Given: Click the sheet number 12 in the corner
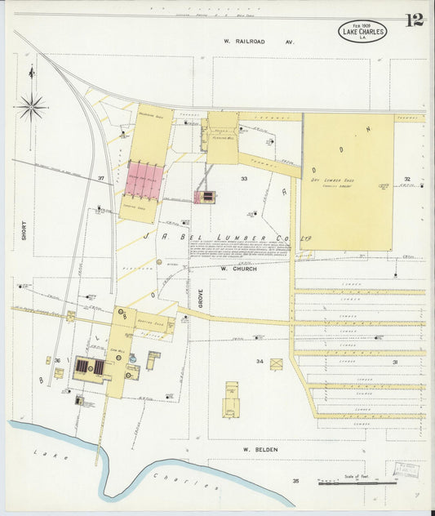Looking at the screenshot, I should (x=414, y=20).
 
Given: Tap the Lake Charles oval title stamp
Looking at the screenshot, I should (x=362, y=31).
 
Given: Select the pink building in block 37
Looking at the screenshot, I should (x=144, y=183).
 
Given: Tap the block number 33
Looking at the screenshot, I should (x=243, y=178).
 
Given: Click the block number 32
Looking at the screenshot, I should (x=406, y=178).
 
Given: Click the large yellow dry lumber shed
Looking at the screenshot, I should (x=347, y=181).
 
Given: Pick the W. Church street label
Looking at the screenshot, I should (x=238, y=268).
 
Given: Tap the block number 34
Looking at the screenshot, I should (x=260, y=361).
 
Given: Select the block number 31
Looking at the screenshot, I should (x=395, y=361).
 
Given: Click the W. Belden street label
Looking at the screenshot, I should (x=261, y=448).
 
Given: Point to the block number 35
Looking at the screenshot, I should (x=296, y=481).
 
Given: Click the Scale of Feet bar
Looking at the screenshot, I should (x=357, y=483).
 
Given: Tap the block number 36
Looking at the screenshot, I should (x=57, y=360).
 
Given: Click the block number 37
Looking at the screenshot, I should (x=101, y=178).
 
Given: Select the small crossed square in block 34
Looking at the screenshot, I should (x=276, y=364).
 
